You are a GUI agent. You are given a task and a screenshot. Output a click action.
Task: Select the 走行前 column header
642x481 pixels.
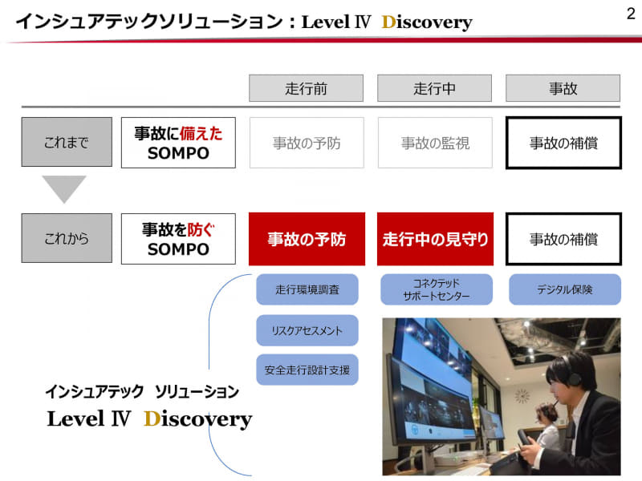[x=306, y=88]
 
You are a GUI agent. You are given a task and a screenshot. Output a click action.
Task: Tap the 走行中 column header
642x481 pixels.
[x=434, y=88]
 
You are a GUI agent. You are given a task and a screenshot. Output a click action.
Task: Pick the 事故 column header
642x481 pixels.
[x=563, y=88]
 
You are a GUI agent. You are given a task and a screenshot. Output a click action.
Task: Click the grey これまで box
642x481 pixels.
[x=67, y=143]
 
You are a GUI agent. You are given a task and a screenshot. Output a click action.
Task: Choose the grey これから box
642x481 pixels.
[x=67, y=239]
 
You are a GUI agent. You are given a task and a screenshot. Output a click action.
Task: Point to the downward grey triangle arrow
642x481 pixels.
[x=64, y=189]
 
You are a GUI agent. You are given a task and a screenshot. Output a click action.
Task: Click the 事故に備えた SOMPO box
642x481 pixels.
[x=178, y=143]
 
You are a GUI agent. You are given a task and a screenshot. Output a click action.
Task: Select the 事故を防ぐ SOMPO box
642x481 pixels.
[x=178, y=239]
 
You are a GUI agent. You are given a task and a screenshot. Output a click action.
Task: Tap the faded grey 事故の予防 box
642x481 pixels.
[x=307, y=143]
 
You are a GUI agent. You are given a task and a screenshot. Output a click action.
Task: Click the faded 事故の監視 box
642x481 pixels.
[x=435, y=143]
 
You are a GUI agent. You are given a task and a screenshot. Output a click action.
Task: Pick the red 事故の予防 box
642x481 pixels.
[x=307, y=239]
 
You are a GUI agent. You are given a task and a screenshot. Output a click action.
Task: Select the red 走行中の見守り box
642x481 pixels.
[x=435, y=239]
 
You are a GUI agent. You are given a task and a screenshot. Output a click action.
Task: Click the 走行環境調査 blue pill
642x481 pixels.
[x=307, y=289]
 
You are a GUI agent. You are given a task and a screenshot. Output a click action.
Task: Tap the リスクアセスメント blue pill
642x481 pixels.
[x=307, y=330]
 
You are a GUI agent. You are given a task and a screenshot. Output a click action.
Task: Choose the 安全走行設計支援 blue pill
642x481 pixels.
[x=307, y=370]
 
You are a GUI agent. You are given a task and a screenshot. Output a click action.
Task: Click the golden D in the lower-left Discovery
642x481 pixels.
[x=152, y=418]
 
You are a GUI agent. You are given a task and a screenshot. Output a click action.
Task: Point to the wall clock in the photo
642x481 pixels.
[x=522, y=395]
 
